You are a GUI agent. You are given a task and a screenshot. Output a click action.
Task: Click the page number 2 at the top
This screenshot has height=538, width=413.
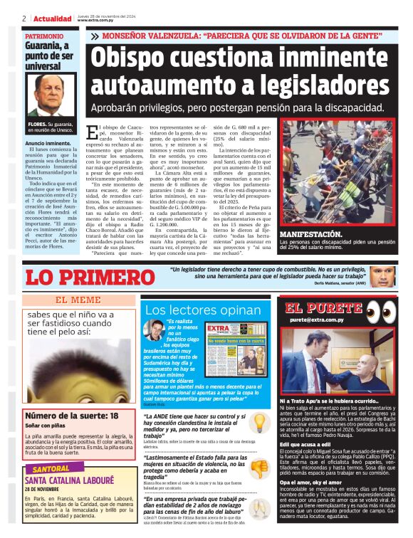pos(25,18)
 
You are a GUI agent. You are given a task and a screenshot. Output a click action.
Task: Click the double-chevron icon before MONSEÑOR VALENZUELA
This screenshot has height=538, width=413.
pos(95,36)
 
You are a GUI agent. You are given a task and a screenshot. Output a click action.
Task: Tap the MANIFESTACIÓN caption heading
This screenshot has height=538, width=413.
pos(311,234)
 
